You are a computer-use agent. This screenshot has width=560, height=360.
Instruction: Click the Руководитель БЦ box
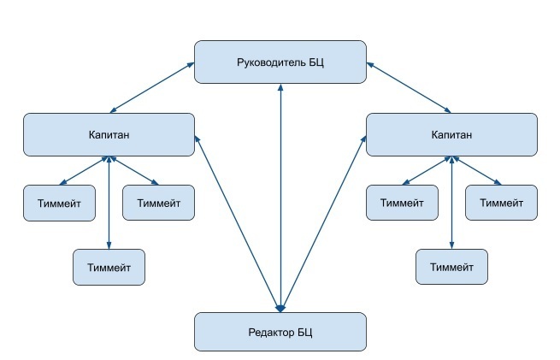pyautogui.click(x=280, y=62)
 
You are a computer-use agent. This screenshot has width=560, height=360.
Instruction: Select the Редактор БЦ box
pyautogui.click(x=280, y=332)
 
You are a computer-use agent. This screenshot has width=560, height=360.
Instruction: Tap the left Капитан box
pyautogui.click(x=109, y=134)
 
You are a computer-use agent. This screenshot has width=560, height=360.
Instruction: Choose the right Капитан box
pyautogui.click(x=451, y=134)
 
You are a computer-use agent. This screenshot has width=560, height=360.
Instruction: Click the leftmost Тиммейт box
pyautogui.click(x=59, y=203)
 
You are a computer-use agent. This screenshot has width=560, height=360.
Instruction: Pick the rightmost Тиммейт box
pyautogui.click(x=501, y=203)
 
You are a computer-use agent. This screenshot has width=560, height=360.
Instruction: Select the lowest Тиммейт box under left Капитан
pyautogui.click(x=109, y=267)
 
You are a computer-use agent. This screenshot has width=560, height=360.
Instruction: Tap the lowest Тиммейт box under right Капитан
pyautogui.click(x=451, y=267)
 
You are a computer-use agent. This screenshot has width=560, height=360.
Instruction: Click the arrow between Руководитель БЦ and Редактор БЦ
pyautogui.click(x=280, y=198)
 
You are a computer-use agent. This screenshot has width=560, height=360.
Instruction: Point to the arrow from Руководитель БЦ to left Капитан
pyautogui.click(x=152, y=88)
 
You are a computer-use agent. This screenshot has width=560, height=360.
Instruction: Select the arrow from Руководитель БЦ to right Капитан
pyautogui.click(x=409, y=88)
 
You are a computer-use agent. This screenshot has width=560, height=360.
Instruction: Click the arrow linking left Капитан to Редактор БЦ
pyautogui.click(x=238, y=224)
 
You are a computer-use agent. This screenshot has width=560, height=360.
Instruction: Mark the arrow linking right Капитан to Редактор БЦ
pyautogui.click(x=323, y=224)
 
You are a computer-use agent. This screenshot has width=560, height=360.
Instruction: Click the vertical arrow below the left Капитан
pyautogui.click(x=109, y=203)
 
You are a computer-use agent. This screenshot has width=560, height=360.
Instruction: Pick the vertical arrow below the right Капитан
pyautogui.click(x=451, y=203)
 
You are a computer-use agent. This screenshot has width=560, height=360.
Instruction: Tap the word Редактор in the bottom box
pyautogui.click(x=267, y=333)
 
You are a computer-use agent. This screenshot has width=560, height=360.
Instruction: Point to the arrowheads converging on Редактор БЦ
pyautogui.click(x=280, y=308)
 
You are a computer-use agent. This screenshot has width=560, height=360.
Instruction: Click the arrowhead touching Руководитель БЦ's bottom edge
pyautogui.click(x=280, y=87)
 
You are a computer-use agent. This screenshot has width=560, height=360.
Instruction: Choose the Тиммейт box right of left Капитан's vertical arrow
pyautogui.click(x=158, y=203)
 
